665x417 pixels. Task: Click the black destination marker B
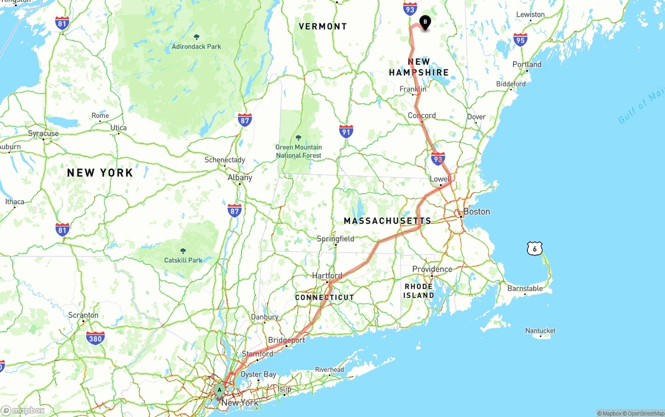(425, 22)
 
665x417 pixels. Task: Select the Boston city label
(476, 211)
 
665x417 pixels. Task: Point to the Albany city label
(240, 177)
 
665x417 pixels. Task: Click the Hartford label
(327, 276)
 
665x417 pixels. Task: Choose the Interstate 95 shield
(520, 39)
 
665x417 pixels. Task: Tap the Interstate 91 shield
(346, 131)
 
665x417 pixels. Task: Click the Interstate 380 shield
(95, 338)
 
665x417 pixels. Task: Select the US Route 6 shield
(534, 249)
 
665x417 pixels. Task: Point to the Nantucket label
(540, 331)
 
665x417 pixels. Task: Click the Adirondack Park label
(196, 46)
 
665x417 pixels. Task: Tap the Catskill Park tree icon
(183, 250)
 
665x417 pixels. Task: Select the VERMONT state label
(323, 26)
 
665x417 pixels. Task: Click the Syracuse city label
(44, 133)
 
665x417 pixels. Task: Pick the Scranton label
(83, 315)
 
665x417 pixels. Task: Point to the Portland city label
(527, 64)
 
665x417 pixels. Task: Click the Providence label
(432, 269)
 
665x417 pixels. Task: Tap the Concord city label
(422, 115)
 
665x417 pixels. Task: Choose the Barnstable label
(525, 289)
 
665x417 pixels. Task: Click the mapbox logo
(23, 410)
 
